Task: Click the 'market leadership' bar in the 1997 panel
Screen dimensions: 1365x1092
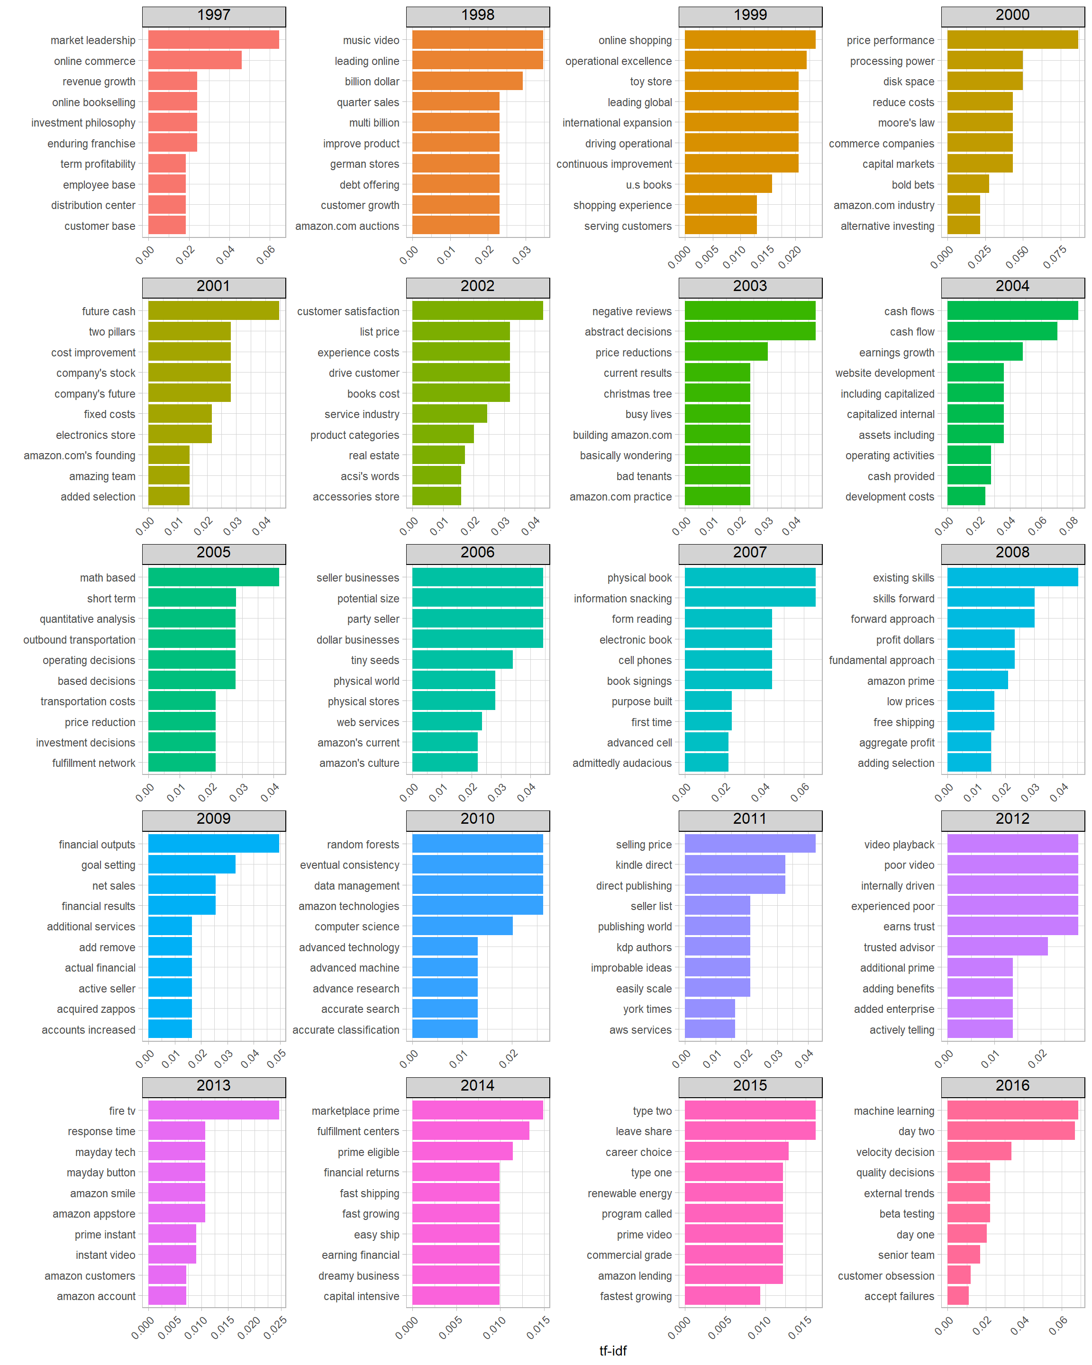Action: pos(213,40)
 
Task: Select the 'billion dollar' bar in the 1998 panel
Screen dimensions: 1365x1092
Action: pos(467,81)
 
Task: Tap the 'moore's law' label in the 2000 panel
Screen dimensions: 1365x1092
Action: pos(906,123)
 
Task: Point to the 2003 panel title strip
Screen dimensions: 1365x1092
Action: pos(750,287)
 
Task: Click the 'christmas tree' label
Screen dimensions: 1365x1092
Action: pos(637,394)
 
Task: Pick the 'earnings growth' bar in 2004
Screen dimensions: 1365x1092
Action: pos(984,352)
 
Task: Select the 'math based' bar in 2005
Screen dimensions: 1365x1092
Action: pos(213,577)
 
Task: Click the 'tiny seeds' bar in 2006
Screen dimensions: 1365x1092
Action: pos(462,660)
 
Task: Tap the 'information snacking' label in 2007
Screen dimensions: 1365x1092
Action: pos(622,598)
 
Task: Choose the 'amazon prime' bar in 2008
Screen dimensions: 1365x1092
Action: pos(977,681)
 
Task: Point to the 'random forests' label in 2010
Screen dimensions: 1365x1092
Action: pos(363,845)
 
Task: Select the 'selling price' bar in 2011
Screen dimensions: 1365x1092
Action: pos(750,844)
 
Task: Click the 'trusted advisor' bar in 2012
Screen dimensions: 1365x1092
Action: pos(997,947)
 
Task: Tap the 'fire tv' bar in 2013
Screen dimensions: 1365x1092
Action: pos(213,1110)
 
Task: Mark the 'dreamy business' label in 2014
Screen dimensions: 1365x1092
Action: pos(358,1276)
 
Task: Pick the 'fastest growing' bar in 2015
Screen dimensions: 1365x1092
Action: pos(722,1296)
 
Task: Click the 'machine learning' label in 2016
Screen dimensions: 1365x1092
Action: pos(893,1111)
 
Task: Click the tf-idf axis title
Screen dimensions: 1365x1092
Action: pos(613,1350)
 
